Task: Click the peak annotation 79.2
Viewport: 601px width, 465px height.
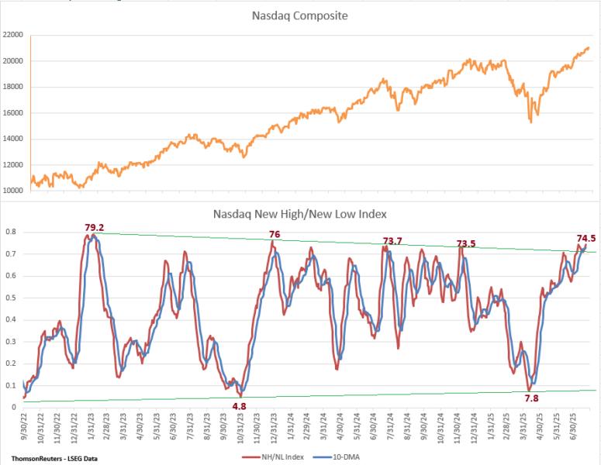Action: pyautogui.click(x=95, y=228)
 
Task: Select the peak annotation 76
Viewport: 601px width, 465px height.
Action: pyautogui.click(x=274, y=234)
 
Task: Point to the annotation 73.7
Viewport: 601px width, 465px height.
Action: pyautogui.click(x=392, y=241)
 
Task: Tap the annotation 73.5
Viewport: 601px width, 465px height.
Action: pyautogui.click(x=465, y=243)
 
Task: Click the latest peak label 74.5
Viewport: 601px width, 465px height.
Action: pyautogui.click(x=585, y=239)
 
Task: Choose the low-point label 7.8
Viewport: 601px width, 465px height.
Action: pyautogui.click(x=531, y=398)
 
